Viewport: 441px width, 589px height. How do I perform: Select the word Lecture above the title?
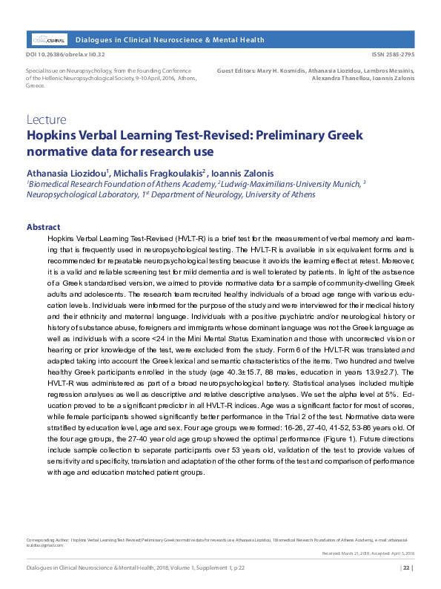click(47, 119)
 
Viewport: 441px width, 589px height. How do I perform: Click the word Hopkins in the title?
click(53, 136)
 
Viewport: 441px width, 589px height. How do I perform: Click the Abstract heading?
click(43, 227)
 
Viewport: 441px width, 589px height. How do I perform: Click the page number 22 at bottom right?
click(406, 568)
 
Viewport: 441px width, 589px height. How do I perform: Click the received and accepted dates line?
click(368, 553)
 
